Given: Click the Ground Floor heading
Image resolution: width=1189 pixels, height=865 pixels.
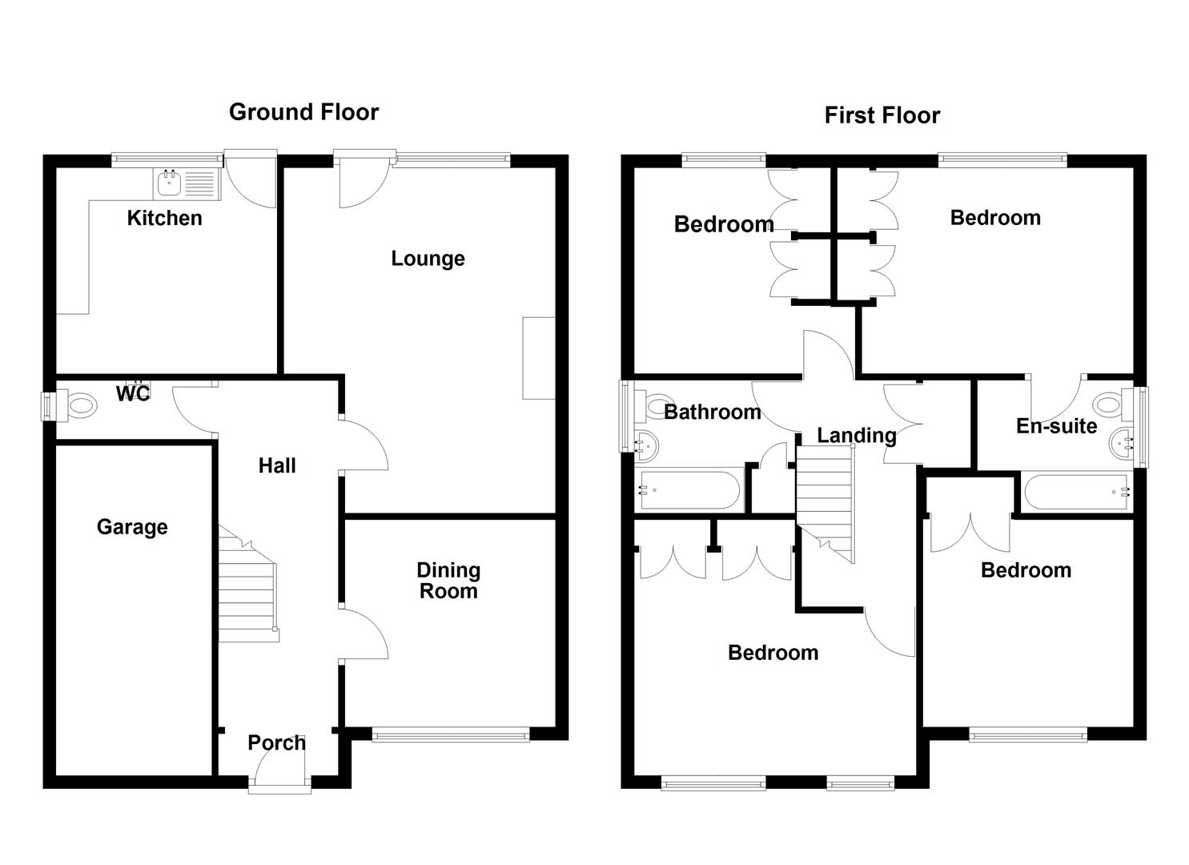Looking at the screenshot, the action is (303, 113).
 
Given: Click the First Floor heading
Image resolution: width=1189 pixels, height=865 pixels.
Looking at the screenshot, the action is (882, 115).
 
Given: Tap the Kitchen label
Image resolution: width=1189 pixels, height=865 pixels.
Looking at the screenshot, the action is (165, 218).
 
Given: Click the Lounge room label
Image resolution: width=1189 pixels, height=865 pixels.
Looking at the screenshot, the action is (428, 259).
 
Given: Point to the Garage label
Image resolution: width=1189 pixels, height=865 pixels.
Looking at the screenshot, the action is (132, 527).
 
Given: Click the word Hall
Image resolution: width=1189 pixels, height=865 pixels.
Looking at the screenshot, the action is (277, 465).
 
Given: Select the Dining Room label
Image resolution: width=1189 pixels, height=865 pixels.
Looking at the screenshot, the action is (448, 581).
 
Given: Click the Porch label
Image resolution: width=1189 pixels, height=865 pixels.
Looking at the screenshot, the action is (276, 743).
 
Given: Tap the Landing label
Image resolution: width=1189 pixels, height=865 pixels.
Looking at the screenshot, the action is (856, 436).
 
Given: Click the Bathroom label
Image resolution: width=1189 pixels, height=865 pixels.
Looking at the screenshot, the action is (713, 412).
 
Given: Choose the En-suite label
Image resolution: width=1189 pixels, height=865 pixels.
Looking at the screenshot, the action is (1056, 426).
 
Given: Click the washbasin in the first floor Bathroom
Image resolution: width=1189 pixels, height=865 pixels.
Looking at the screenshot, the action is (646, 444).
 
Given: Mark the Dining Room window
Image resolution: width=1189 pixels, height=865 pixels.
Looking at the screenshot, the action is (451, 735).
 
